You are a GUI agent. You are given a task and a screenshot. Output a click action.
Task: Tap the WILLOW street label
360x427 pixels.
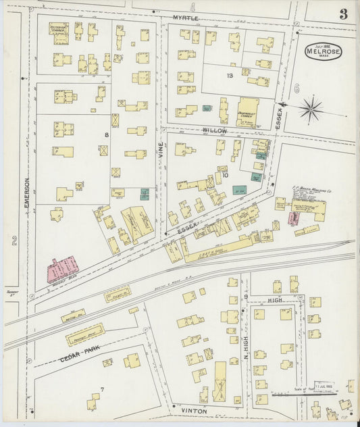pyautogui.click(x=213, y=128)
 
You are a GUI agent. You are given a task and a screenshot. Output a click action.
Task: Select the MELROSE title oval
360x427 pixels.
pyautogui.click(x=323, y=51)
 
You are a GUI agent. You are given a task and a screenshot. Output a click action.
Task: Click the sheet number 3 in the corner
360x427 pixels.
pyautogui.click(x=343, y=14)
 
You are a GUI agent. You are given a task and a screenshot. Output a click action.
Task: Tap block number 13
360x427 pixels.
pyautogui.click(x=230, y=76)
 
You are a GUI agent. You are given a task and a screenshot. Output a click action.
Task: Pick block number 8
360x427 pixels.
pyautogui.click(x=106, y=135)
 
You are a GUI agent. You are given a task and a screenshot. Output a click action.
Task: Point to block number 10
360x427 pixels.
pyautogui.click(x=226, y=175)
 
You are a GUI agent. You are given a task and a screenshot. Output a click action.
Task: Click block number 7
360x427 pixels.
pyautogui.click(x=102, y=389)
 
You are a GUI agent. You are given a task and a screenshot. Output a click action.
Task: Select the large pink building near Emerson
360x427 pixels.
pyautogui.click(x=62, y=268)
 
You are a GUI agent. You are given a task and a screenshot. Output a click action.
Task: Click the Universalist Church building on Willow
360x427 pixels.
pyautogui.click(x=250, y=111)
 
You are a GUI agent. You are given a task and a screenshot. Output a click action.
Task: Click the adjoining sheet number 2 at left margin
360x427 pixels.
pyautogui.click(x=14, y=240)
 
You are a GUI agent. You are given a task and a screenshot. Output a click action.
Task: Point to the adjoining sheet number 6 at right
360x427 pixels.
pyautogui.click(x=296, y=89)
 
